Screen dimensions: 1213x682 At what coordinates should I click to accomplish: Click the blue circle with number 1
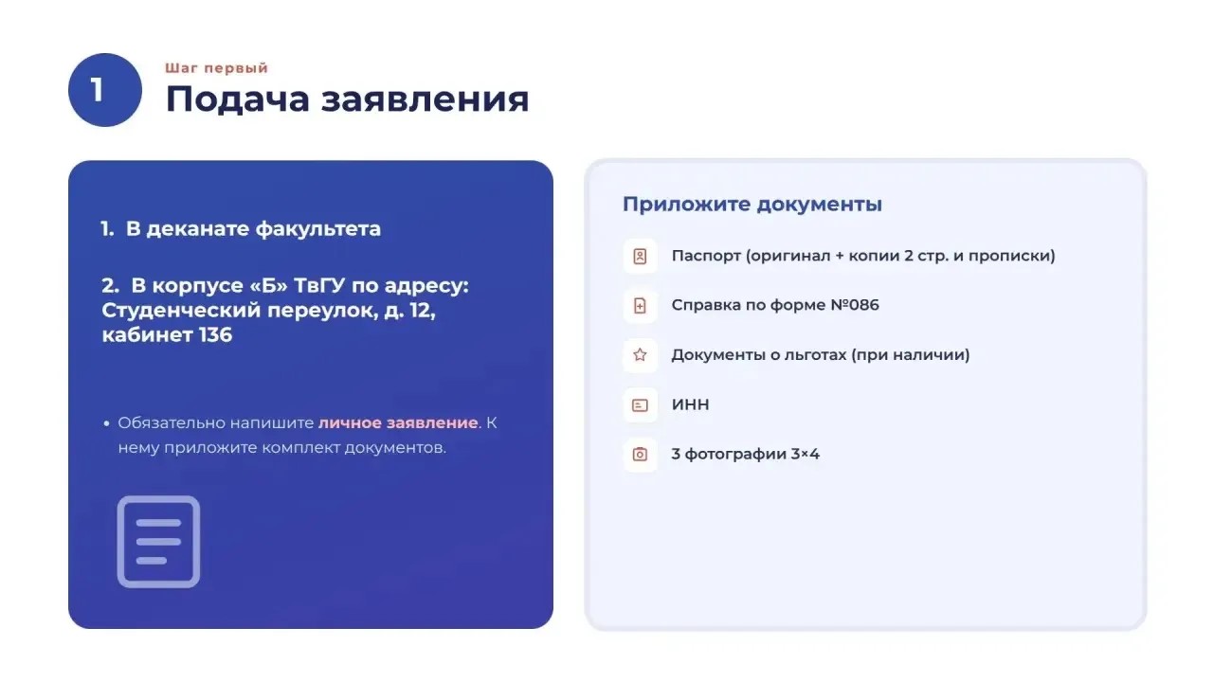105,90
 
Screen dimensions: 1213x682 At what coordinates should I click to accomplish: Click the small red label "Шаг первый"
217,68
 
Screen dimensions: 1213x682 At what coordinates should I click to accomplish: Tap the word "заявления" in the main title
425,99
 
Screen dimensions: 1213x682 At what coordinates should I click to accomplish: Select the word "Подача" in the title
237,99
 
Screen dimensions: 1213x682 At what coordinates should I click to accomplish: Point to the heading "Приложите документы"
752,204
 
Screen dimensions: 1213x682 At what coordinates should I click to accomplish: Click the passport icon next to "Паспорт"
640,256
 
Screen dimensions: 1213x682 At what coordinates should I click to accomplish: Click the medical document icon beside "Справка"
640,306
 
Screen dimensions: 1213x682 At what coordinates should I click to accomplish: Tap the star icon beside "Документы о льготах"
640,355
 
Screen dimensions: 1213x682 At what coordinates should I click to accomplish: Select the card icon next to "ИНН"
640,404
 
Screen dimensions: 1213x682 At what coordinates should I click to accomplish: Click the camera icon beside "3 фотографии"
640,454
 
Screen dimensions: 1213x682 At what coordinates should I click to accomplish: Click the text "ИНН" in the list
691,404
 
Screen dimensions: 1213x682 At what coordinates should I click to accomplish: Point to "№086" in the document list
855,305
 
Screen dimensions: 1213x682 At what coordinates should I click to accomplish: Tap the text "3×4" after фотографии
806,454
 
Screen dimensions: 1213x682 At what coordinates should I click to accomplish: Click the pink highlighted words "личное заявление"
398,422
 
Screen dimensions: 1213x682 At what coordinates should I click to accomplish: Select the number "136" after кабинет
215,334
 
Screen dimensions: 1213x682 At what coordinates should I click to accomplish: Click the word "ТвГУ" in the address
319,285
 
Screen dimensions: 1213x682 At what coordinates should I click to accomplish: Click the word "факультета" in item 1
317,229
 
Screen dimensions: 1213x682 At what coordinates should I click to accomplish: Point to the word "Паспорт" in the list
706,256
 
